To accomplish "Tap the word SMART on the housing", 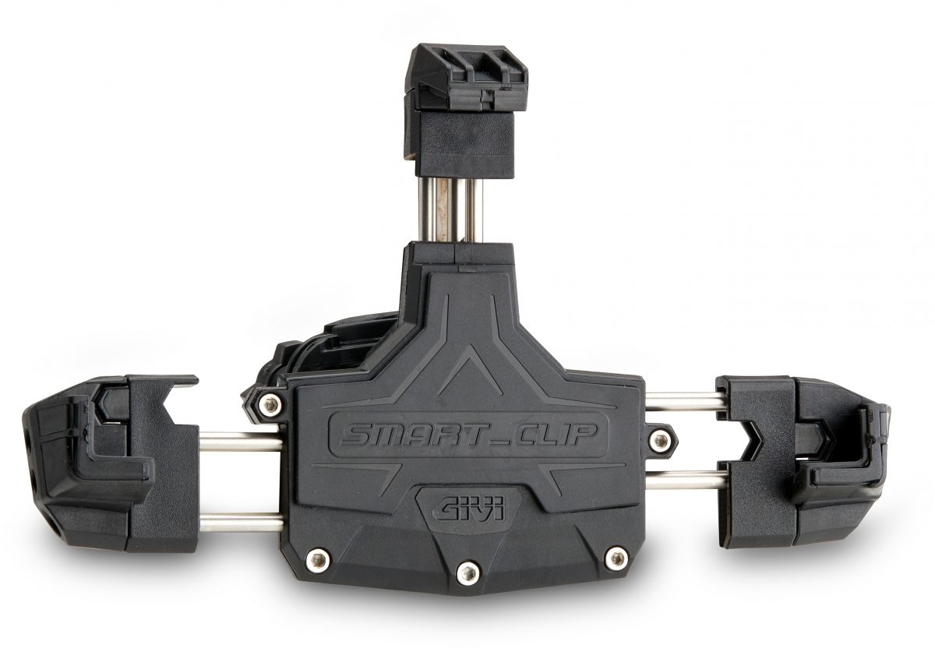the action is pyautogui.click(x=403, y=435).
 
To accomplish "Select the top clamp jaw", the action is pyautogui.click(x=464, y=111).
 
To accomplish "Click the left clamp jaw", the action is pyautogui.click(x=111, y=463).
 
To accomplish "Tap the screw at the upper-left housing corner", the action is pyautogui.click(x=270, y=403).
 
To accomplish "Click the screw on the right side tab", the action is pyautogui.click(x=660, y=440).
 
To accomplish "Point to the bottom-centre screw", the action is pyautogui.click(x=467, y=573).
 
